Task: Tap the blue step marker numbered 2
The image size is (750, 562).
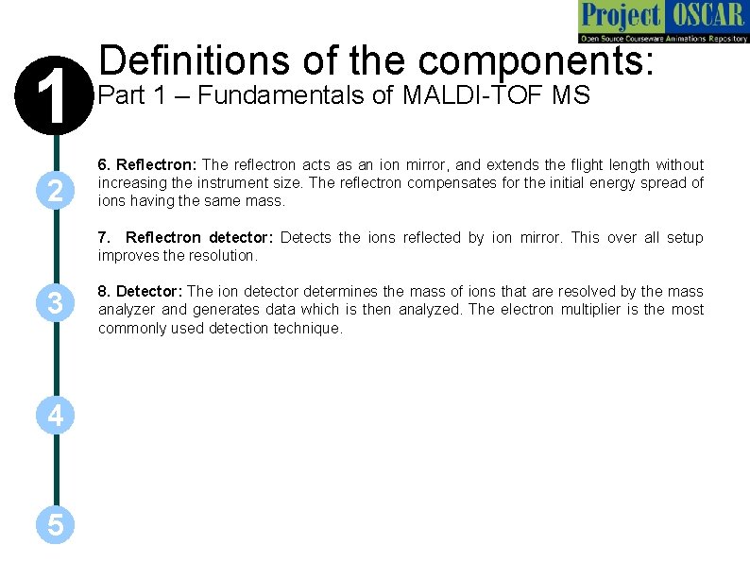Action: coord(56,192)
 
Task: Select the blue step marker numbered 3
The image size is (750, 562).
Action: coord(56,303)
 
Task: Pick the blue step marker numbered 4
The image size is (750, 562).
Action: coord(56,415)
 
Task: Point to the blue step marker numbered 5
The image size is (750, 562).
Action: coord(56,525)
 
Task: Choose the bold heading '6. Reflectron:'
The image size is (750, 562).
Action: coord(145,165)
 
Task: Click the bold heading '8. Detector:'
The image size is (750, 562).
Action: coord(141,292)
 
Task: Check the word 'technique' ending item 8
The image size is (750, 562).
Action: coord(308,328)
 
